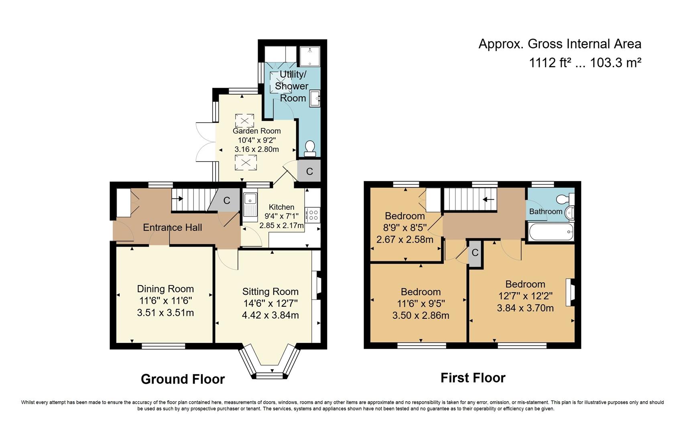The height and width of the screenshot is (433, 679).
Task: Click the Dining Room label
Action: tap(165, 289)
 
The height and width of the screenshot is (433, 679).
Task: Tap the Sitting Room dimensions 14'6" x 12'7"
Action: tap(270, 303)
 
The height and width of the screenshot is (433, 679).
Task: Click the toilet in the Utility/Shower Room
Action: tap(310, 148)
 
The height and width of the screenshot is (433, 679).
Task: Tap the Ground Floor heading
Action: tap(183, 379)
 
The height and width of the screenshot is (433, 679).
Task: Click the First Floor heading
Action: tap(473, 378)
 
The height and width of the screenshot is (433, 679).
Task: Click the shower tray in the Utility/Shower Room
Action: tap(310, 56)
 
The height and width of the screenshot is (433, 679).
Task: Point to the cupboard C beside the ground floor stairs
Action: tap(226, 200)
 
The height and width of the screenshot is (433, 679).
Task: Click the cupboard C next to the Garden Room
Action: tap(309, 171)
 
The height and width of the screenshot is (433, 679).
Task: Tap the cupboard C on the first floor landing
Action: tap(475, 253)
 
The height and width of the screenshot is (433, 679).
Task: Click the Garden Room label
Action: tap(256, 131)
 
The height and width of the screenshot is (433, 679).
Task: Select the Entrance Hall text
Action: tap(173, 227)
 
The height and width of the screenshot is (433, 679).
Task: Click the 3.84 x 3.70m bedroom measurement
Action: tap(525, 308)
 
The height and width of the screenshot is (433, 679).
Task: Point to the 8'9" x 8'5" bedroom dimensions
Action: tap(405, 228)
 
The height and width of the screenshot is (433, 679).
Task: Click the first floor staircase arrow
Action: tap(488, 199)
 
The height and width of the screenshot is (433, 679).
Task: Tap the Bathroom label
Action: tap(545, 211)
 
